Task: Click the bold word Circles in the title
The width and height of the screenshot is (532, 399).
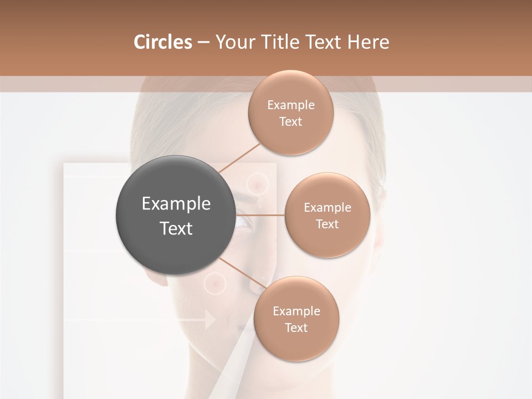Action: pyautogui.click(x=162, y=42)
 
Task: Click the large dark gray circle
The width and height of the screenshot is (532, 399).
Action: pyautogui.click(x=176, y=215)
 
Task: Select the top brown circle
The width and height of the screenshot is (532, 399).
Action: pyautogui.click(x=290, y=112)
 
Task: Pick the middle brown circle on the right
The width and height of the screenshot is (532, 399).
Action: pyautogui.click(x=327, y=215)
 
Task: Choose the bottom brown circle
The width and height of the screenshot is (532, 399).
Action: pyautogui.click(x=296, y=319)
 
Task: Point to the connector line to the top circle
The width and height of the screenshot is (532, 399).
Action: pyautogui.click(x=239, y=157)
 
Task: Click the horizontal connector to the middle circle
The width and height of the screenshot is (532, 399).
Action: pyautogui.click(x=260, y=215)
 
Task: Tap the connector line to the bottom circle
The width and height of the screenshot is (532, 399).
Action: pyautogui.click(x=242, y=273)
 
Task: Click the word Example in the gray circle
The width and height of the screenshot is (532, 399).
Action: pyautogui.click(x=176, y=204)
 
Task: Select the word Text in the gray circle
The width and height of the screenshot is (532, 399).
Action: pyautogui.click(x=176, y=228)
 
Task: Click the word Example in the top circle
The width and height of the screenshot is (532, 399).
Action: pyautogui.click(x=290, y=105)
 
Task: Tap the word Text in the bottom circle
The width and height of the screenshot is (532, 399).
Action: pyautogui.click(x=296, y=328)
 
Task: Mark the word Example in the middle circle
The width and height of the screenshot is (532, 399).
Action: pyautogui.click(x=327, y=207)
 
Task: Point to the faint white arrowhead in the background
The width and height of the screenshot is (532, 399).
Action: pyautogui.click(x=210, y=320)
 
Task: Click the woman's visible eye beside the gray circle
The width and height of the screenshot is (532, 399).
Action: pyautogui.click(x=244, y=223)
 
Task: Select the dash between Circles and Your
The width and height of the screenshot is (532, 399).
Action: pyautogui.click(x=203, y=43)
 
